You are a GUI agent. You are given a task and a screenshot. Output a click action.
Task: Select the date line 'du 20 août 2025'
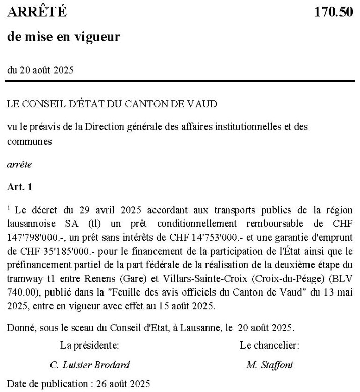[40, 70]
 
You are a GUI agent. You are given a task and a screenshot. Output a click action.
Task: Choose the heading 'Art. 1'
[20, 187]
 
